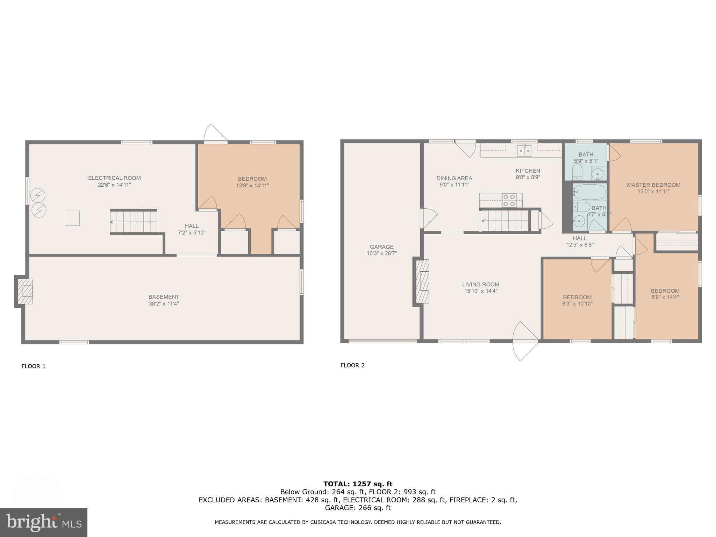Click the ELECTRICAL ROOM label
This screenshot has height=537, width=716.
(114, 178)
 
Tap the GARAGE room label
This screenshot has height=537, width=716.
(381, 247)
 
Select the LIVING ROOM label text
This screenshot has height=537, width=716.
(480, 285)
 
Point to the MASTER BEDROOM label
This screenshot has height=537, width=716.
(653, 185)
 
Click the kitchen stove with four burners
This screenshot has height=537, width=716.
(509, 200)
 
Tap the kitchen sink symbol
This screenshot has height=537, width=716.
(524, 151)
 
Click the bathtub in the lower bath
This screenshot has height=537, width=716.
(589, 192)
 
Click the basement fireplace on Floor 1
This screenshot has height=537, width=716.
(25, 291)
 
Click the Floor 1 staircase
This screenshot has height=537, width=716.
(134, 222)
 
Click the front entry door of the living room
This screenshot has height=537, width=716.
(525, 341)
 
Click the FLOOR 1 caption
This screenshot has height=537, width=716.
(34, 366)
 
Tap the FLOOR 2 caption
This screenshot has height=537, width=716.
(352, 365)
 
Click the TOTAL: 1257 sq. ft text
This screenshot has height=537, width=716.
(358, 484)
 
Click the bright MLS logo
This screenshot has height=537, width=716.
(43, 522)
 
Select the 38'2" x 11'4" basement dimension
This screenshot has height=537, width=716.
(164, 304)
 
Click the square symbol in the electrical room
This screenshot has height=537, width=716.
(72, 218)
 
